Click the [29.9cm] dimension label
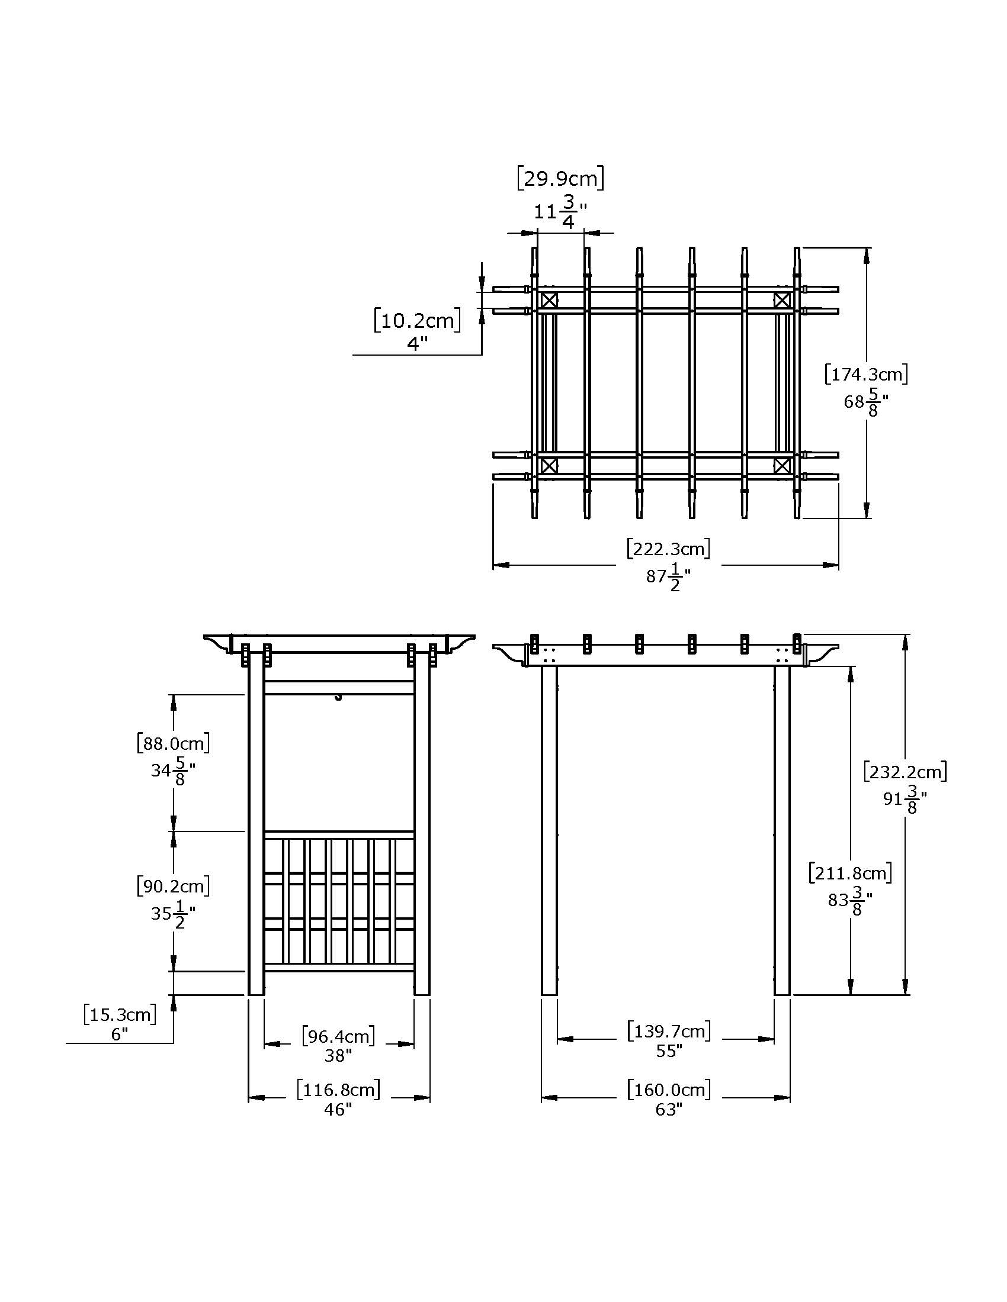[x=561, y=178]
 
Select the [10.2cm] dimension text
[x=418, y=321]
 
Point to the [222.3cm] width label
[x=668, y=548]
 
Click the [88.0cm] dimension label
[x=173, y=743]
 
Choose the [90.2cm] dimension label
[x=173, y=887]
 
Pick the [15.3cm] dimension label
[x=120, y=1014]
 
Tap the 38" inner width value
[x=338, y=1056]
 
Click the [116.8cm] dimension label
[x=338, y=1090]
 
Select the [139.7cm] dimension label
[x=668, y=1031]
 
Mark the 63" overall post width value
[x=668, y=1110]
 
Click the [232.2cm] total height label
[x=905, y=772]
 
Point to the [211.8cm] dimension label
[x=850, y=874]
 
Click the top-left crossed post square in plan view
[x=549, y=300]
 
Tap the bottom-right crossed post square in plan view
[x=781, y=465]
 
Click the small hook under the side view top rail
[x=338, y=697]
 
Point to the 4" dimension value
[x=418, y=343]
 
